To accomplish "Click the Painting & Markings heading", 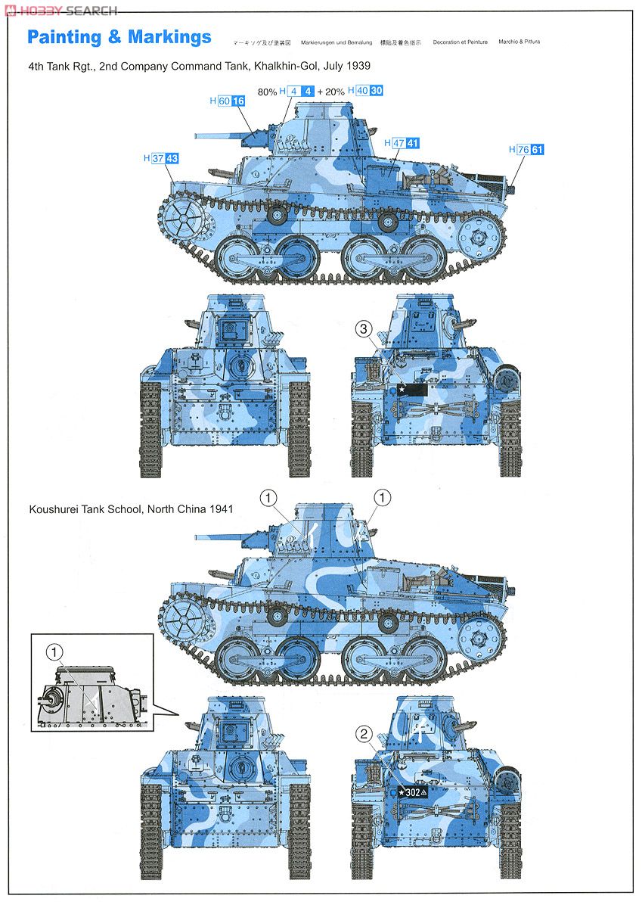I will tap(119, 37).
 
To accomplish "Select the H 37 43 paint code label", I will tap(161, 158).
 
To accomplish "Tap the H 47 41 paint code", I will tap(402, 142).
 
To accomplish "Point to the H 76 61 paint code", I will tap(526, 149).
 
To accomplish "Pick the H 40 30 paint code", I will tap(366, 91).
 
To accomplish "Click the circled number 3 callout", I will tap(364, 328).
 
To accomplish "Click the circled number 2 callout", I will tap(364, 732).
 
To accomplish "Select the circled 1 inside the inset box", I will tap(53, 651).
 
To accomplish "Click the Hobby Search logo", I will tap(60, 11).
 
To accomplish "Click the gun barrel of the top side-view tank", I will tap(219, 138).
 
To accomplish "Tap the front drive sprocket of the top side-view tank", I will tap(184, 219).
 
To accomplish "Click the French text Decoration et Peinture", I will tap(460, 42).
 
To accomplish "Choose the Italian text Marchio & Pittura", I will tap(519, 42).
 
